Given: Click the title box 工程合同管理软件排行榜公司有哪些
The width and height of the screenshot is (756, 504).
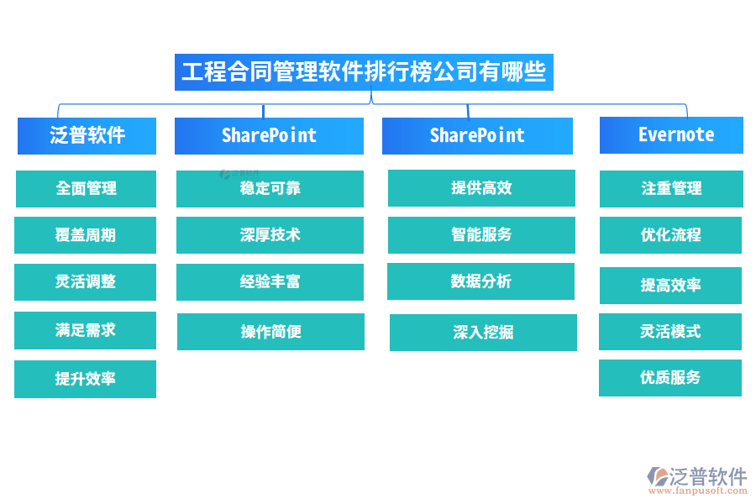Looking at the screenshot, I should (x=364, y=72).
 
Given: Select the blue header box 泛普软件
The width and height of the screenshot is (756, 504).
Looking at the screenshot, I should (x=87, y=135).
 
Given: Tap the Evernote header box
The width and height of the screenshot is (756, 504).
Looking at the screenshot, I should (x=671, y=135).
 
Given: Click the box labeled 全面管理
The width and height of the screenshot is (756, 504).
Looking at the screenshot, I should (x=86, y=188).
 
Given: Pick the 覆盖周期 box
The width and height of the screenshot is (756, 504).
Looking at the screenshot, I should (x=86, y=235).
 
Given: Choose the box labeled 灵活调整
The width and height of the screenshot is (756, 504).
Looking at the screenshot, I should (x=86, y=282).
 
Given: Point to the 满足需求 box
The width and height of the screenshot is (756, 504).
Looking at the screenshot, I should (x=86, y=330).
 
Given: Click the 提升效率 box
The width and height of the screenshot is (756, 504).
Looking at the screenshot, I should (x=86, y=379).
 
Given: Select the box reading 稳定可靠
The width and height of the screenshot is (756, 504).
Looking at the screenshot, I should (x=270, y=188).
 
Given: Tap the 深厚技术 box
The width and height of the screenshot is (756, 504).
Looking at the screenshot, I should (x=270, y=235).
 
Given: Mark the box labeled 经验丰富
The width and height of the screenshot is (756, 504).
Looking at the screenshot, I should (x=270, y=282).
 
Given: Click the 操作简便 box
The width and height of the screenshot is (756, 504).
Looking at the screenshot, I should (x=270, y=332).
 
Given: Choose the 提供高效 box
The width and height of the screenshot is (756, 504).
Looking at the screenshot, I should (x=481, y=188).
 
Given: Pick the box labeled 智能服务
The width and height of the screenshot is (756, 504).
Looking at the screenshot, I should (x=481, y=235).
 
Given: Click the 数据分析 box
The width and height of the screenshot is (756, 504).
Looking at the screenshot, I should (x=480, y=281).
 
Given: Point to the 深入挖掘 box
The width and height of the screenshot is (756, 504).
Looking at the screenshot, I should (x=483, y=333).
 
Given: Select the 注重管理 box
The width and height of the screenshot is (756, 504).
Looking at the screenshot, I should (x=671, y=188).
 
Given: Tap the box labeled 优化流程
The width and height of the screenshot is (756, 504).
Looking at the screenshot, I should (x=670, y=235).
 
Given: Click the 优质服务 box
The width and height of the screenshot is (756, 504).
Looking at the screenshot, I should (x=670, y=378).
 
